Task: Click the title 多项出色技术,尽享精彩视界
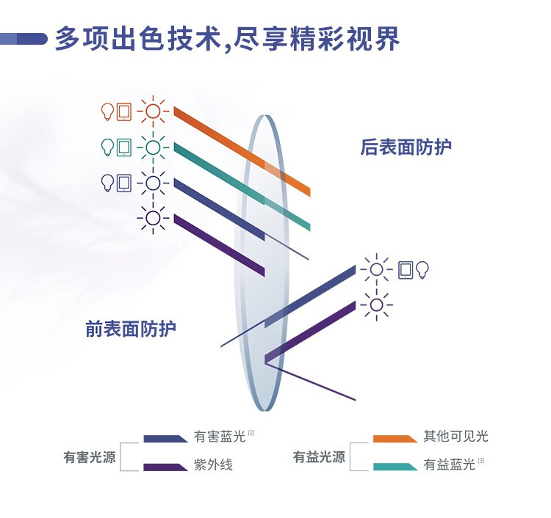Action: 227,39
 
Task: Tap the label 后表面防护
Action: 406,147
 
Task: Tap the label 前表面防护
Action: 131,329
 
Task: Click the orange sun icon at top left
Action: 153,112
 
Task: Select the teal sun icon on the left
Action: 153,147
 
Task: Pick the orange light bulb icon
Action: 107,112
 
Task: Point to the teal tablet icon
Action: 124,147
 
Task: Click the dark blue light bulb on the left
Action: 107,182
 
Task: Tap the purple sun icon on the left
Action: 153,217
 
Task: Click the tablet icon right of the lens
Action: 406,270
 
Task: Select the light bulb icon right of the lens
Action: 422,270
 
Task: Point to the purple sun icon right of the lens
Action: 377,304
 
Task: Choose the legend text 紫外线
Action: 213,465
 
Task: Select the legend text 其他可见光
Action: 455,437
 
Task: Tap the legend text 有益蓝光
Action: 449,465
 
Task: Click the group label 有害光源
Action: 90,458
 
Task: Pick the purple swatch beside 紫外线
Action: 165,467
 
